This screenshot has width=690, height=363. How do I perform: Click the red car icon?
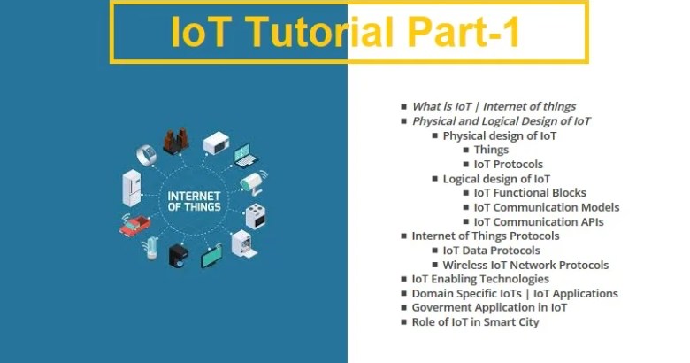point(134,223)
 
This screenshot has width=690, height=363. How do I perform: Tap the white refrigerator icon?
point(132,189)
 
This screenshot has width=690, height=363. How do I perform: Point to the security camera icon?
point(253,183)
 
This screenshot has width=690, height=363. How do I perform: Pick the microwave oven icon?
point(216,143)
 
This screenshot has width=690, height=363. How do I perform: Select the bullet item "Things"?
point(491,150)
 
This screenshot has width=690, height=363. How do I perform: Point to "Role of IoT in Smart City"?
point(475,322)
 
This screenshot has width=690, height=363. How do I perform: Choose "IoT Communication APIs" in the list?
point(539,221)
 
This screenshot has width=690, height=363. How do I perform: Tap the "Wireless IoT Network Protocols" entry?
point(525,265)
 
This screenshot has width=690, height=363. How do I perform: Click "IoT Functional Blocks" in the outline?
point(530,193)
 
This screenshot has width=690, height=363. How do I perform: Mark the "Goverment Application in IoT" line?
point(489,307)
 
